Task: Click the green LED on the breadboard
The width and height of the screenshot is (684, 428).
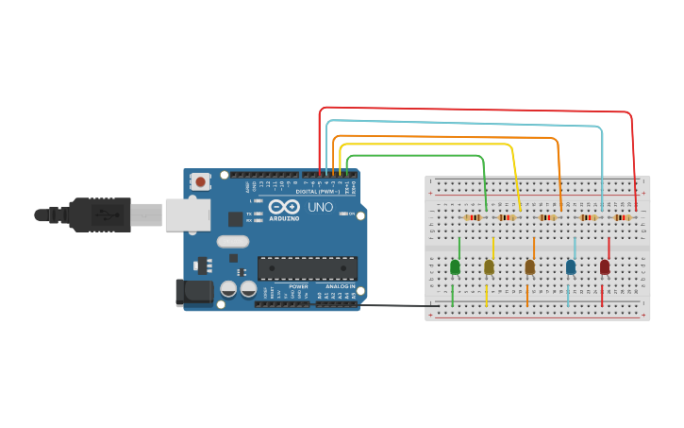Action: click(x=455, y=267)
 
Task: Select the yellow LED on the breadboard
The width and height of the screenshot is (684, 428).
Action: click(x=489, y=267)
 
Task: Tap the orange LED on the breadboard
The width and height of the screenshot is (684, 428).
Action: click(x=529, y=267)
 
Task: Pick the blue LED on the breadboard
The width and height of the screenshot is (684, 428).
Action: click(x=571, y=267)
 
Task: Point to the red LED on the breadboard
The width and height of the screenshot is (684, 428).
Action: click(x=605, y=267)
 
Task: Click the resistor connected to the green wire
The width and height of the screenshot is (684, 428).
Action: click(x=473, y=217)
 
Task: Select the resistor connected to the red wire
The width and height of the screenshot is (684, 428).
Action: click(x=623, y=217)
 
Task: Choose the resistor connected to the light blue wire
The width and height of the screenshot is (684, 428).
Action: click(x=589, y=217)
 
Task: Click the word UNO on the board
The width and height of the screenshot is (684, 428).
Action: click(x=321, y=207)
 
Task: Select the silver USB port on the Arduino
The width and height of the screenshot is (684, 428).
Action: click(x=187, y=214)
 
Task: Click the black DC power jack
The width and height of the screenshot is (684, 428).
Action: click(x=195, y=292)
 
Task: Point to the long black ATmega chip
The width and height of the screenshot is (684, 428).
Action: click(x=308, y=268)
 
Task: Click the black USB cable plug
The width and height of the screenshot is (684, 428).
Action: click(x=99, y=214)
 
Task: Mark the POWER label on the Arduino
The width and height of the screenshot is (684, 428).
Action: click(x=298, y=286)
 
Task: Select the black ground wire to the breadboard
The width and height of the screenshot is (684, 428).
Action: click(x=396, y=305)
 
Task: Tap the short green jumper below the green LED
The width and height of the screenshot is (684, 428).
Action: click(x=453, y=296)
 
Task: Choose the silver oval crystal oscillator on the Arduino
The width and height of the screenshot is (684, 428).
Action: click(x=232, y=241)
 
